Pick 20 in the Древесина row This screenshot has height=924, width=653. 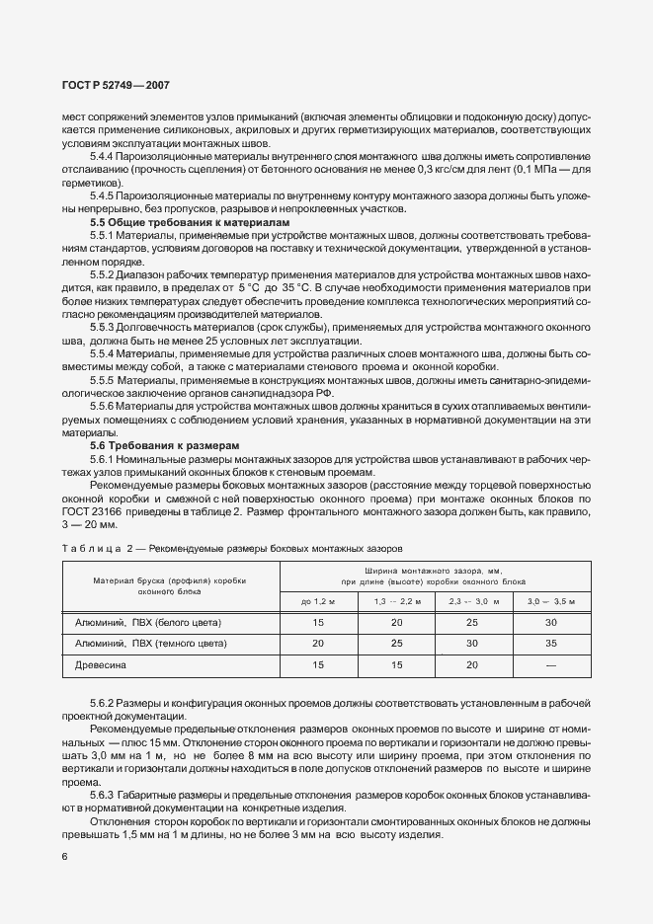coord(472,665)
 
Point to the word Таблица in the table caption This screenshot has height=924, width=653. coord(92,548)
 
